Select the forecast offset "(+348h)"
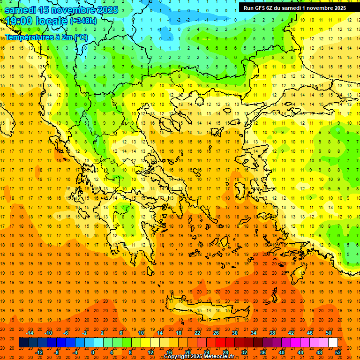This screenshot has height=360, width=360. click(x=83, y=21)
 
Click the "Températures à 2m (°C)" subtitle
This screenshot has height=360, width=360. click(x=46, y=37)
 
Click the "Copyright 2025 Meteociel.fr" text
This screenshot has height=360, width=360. click(x=199, y=357)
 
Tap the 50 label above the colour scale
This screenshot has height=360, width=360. click(x=328, y=332)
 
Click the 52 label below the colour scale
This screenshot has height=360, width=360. click(x=338, y=352)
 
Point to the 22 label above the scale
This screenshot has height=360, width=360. click(x=197, y=332)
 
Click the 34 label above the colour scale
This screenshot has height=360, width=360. click(x=253, y=332)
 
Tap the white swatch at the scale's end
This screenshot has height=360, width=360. click(x=333, y=343)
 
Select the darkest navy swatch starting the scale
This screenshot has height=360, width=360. click(x=23, y=343)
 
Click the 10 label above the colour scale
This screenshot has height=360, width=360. click(x=141, y=332)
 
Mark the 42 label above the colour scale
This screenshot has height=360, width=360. click(x=291, y=332)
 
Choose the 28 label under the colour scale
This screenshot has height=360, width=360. click(x=225, y=352)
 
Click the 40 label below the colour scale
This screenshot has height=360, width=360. click(x=282, y=352)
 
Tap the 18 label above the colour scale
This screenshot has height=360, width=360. click(x=179, y=332)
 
